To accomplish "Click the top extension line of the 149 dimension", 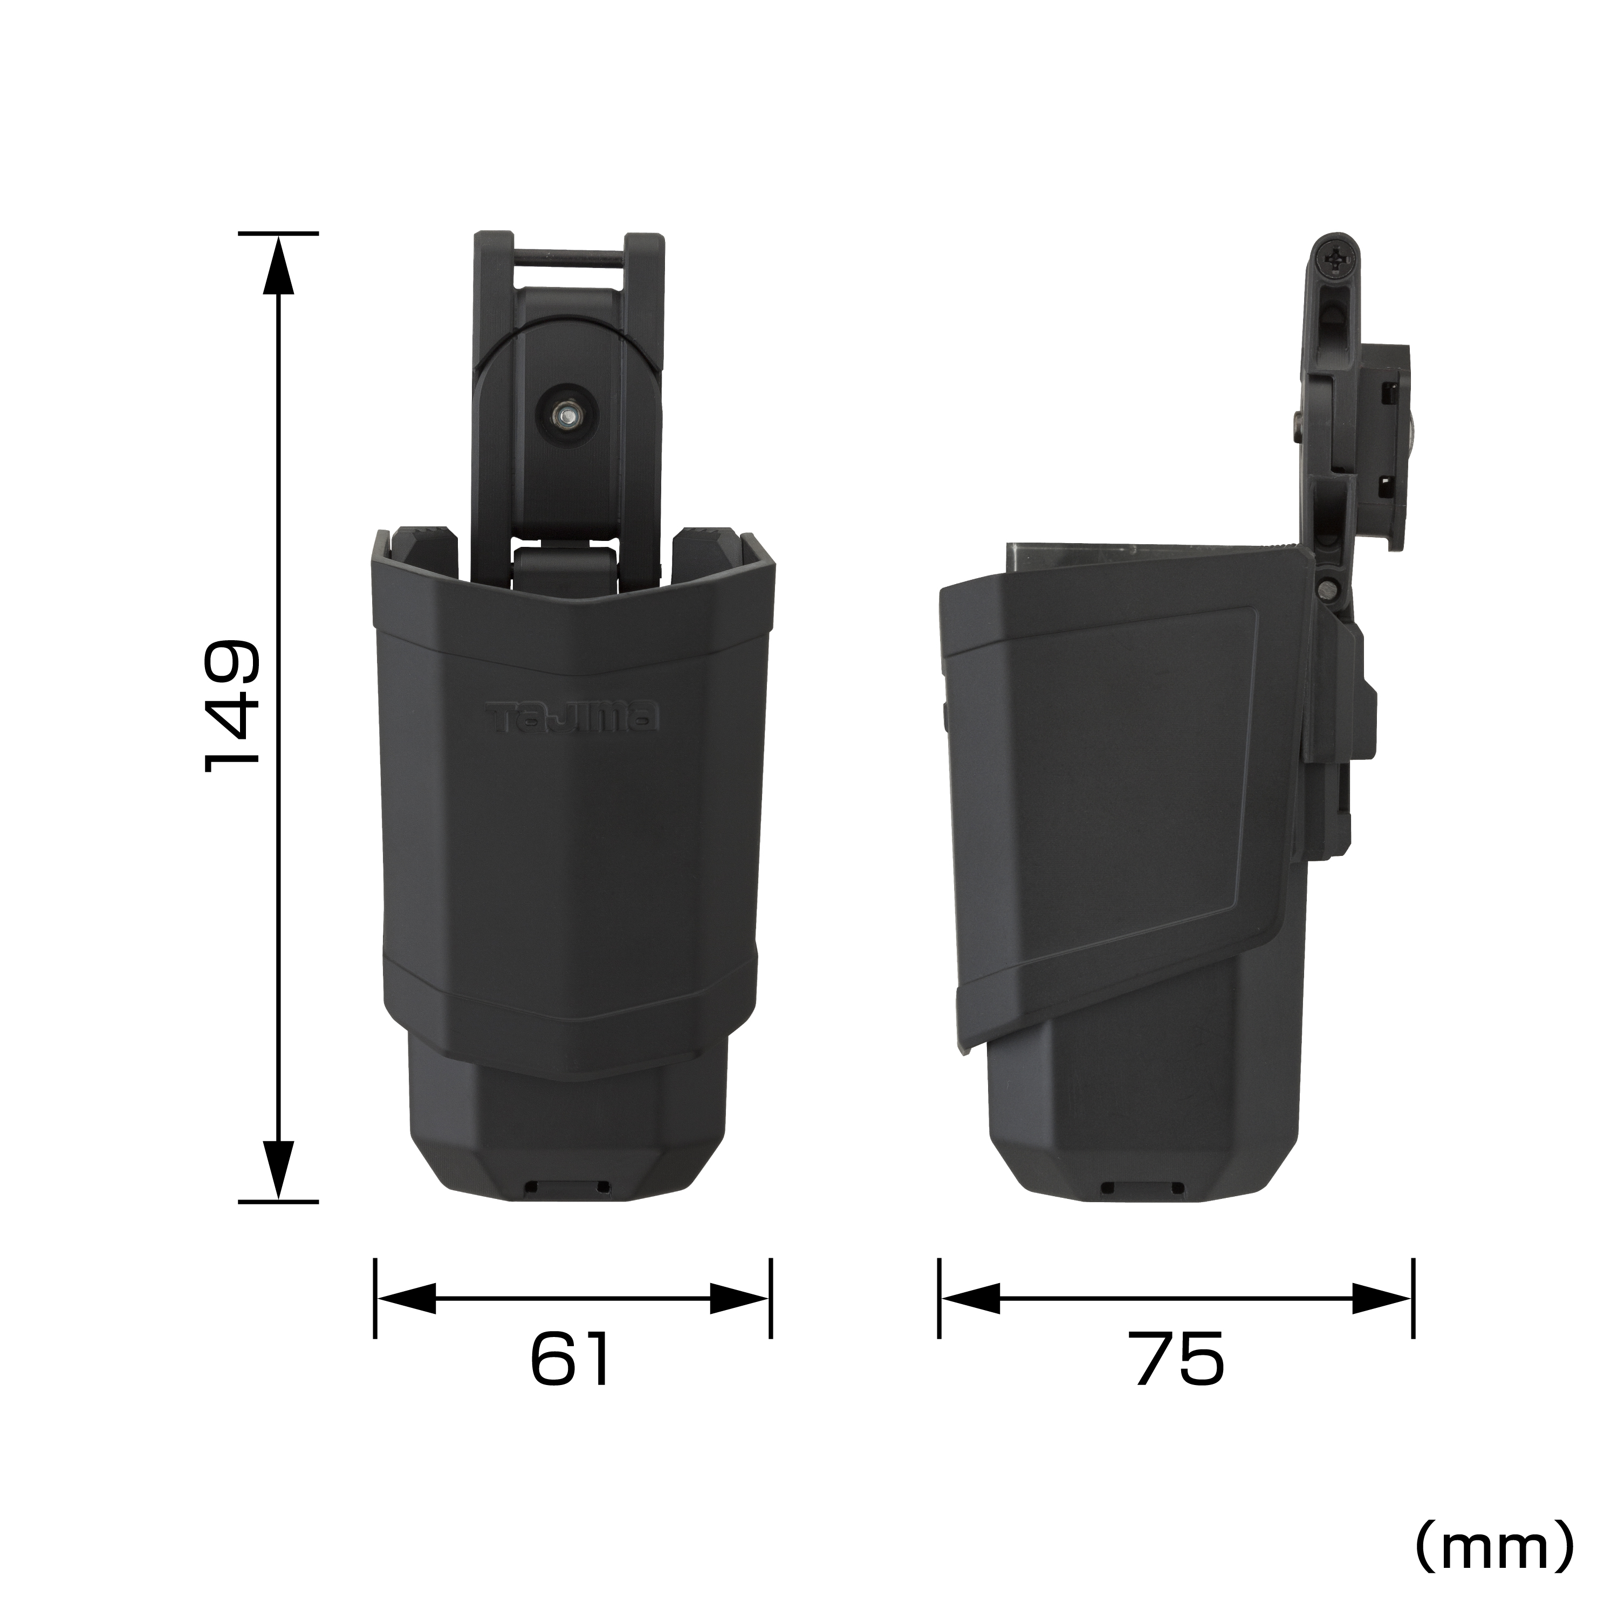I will [x=278, y=233].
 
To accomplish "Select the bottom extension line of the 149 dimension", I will [x=278, y=1202].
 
